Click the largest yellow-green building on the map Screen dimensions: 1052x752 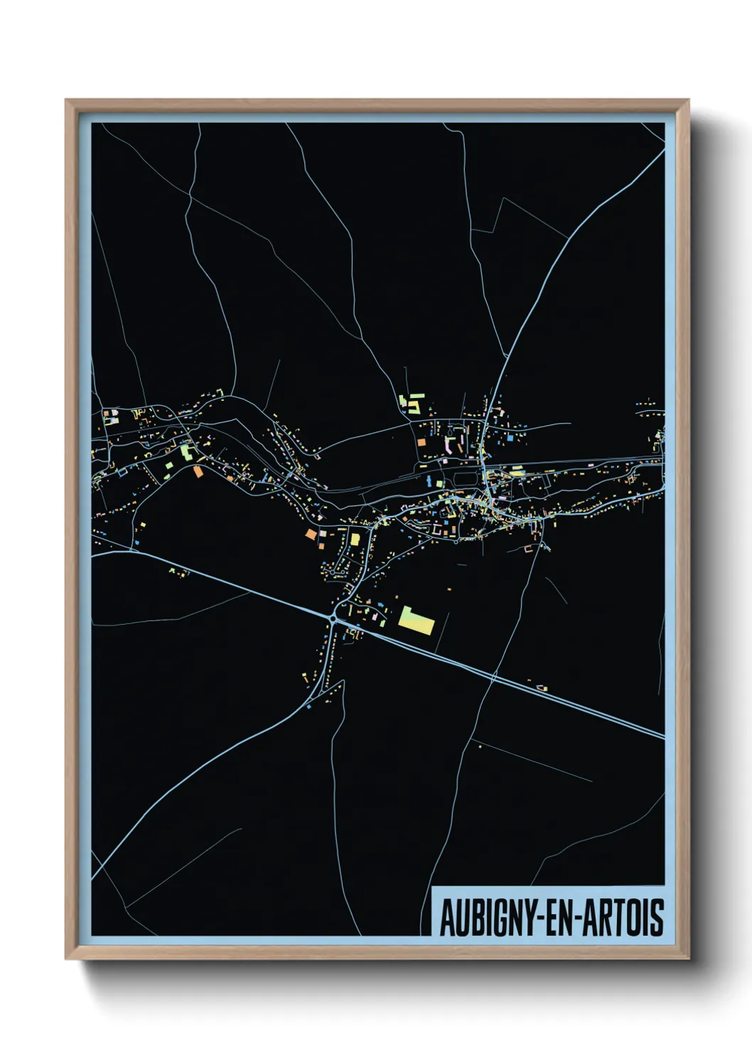417,622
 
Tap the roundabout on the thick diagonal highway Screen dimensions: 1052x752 333,619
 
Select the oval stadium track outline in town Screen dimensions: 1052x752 463,479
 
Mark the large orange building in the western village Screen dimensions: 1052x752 198,471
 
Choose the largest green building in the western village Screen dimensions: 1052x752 186,451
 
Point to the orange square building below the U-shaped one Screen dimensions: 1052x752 421,442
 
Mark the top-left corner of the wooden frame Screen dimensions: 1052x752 67,101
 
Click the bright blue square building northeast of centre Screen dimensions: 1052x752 510,439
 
